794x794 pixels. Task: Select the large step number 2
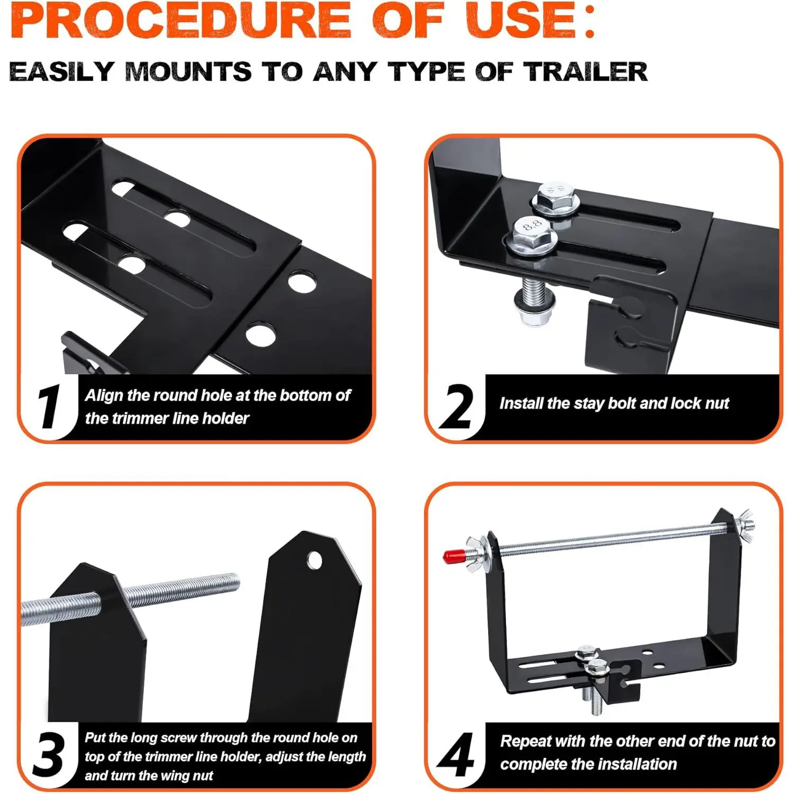click(456, 406)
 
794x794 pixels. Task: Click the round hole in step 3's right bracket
click(314, 560)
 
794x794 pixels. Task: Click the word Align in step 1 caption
click(104, 396)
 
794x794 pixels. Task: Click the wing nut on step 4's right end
click(745, 521)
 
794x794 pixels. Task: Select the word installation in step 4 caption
click(635, 764)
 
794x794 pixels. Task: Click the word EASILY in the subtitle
click(61, 71)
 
